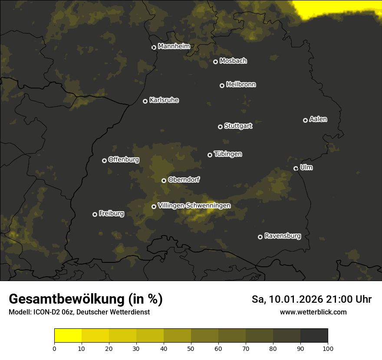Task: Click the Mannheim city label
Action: click(x=174, y=46)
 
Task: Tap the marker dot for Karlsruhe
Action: click(x=145, y=101)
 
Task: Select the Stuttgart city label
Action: click(x=238, y=126)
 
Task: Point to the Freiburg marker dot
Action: click(x=95, y=214)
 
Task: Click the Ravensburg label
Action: click(x=282, y=236)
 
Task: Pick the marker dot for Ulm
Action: click(x=296, y=168)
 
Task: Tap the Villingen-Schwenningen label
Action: click(x=194, y=206)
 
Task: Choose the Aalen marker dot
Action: click(x=305, y=120)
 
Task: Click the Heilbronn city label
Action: click(x=241, y=85)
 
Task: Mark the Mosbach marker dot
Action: click(x=215, y=62)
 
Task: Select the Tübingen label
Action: click(x=228, y=154)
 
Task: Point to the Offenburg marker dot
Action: click(x=104, y=160)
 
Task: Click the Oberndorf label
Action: click(x=184, y=180)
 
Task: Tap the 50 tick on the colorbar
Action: click(x=191, y=344)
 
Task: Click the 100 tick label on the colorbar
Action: click(x=328, y=348)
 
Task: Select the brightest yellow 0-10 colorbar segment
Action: click(x=68, y=336)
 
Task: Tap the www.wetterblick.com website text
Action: click(x=313, y=312)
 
